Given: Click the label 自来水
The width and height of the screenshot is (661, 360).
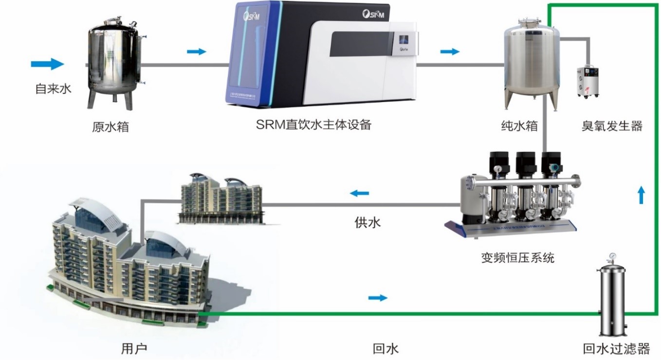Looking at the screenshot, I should click(53, 89).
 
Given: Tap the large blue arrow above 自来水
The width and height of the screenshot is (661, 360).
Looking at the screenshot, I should click(47, 64).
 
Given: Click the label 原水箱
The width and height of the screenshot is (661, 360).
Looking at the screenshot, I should click(110, 127).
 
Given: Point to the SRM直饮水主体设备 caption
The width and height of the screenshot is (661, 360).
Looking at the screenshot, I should click(313, 125).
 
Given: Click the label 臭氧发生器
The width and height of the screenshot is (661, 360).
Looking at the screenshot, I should click(612, 126).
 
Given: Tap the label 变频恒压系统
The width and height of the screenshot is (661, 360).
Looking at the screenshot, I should click(517, 257).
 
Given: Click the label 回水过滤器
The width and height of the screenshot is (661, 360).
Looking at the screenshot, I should click(616, 348).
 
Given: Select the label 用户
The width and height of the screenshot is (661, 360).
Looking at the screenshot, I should click(134, 348).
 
